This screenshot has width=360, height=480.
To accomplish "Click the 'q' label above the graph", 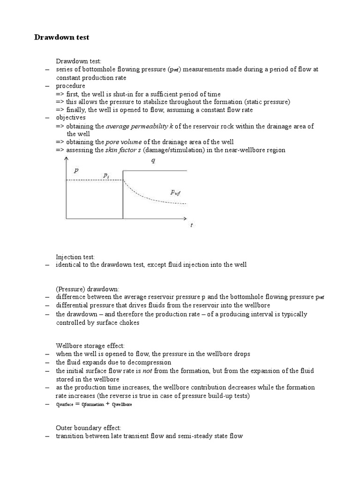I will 153,160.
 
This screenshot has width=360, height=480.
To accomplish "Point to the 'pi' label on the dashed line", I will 106,175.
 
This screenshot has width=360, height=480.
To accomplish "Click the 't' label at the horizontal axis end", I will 191,225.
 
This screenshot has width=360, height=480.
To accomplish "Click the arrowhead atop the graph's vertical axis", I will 66,159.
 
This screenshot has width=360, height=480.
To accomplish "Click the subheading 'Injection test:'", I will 75,256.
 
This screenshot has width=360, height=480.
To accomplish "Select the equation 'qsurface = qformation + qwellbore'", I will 94,404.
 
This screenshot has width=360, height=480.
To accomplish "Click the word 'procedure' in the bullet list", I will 70,86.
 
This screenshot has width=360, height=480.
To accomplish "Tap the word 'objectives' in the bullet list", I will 71,118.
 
